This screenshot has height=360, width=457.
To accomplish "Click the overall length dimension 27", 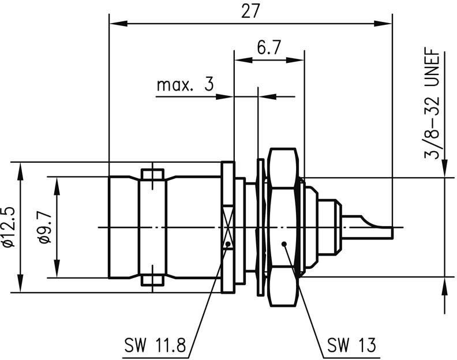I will point(251,12).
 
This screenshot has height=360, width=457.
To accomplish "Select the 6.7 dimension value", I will point(268,48).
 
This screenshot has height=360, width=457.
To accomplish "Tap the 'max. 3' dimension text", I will point(185,85).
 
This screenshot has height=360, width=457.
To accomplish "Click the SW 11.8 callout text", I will point(155,346).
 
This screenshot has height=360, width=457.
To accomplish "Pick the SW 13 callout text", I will point(351,346).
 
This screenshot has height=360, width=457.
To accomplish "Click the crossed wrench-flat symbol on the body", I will point(229,227).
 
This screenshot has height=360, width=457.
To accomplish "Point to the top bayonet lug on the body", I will point(152,174).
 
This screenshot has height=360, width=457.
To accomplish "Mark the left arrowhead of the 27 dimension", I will point(114,24).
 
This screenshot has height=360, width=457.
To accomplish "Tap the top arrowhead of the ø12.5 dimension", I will point(21,167).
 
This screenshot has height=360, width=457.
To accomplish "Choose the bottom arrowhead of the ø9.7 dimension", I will point(57,272).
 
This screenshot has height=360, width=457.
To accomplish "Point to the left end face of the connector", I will point(110,227).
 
